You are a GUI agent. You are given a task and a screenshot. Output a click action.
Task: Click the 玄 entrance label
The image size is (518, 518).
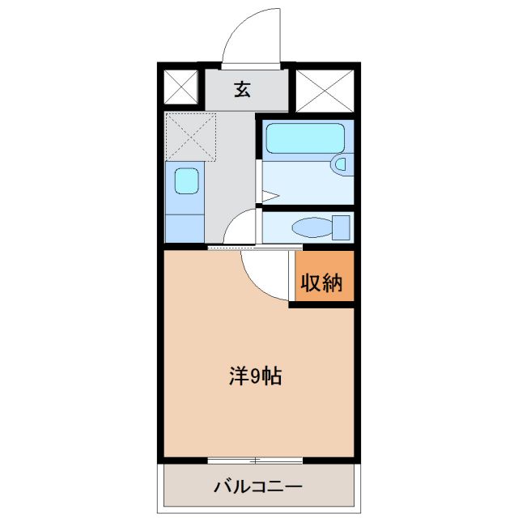[x=243, y=89]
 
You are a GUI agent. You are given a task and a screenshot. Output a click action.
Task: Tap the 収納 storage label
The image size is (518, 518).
[x=322, y=283]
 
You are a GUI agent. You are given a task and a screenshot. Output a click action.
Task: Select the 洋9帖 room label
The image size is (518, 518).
[x=255, y=376]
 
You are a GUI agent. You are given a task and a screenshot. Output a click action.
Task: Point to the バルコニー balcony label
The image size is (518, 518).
[x=258, y=487]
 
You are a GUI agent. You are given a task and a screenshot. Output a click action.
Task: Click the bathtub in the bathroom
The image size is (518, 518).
[x=305, y=138]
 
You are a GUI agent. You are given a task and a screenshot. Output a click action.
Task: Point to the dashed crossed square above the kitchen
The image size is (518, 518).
[x=191, y=137]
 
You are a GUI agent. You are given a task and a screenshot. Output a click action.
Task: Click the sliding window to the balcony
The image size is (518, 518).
[x=255, y=461]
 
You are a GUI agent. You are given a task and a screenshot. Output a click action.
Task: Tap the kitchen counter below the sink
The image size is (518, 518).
[x=185, y=225]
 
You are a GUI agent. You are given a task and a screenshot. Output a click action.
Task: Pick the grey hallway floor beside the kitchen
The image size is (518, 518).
[x=236, y=162]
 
